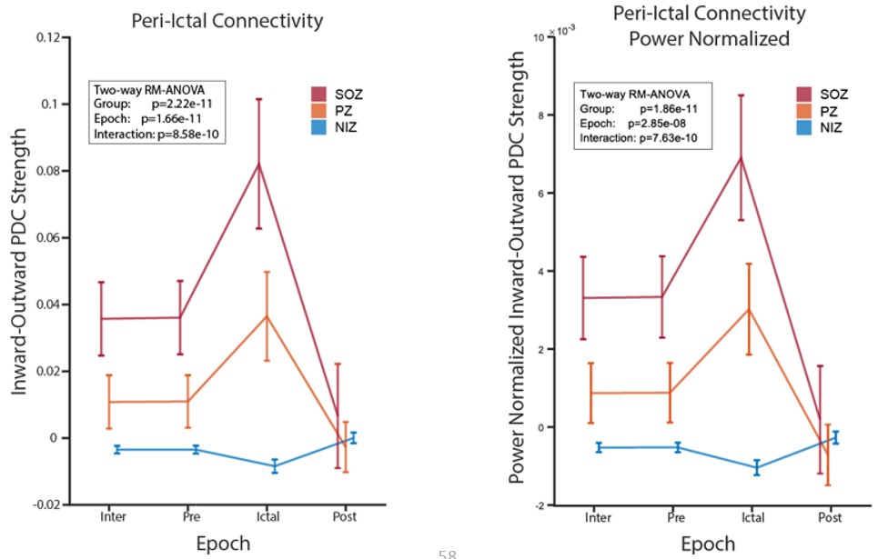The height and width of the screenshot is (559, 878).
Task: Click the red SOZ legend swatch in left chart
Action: [319, 95]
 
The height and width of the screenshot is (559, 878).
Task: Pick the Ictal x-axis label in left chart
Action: [266, 518]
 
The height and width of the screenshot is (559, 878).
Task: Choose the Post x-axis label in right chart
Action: [830, 518]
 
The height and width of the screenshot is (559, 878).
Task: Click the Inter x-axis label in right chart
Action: [598, 518]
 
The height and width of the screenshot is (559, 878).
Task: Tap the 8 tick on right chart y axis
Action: [539, 115]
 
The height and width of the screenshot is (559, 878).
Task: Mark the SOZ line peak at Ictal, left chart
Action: [259, 164]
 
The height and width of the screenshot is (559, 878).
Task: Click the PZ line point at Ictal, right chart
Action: [748, 309]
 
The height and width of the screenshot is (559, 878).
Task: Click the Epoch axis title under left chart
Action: [223, 544]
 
